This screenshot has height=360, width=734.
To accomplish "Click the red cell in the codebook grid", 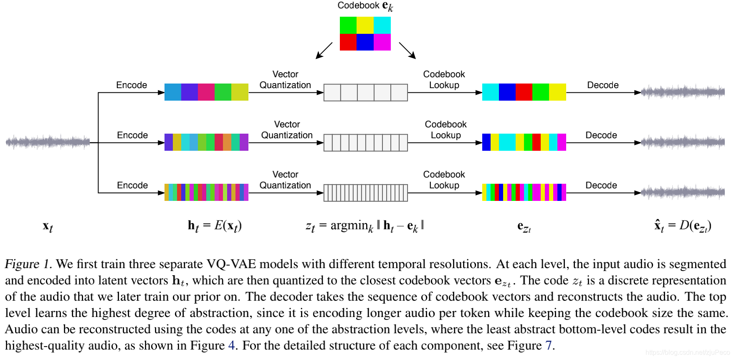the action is coord(348,42).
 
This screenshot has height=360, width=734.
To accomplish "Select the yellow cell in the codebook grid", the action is coord(365,25).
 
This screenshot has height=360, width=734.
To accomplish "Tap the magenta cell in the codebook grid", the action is coord(382,42).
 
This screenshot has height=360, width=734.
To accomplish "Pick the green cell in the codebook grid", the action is coord(348,25).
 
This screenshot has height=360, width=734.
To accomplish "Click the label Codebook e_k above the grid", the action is coord(365,6).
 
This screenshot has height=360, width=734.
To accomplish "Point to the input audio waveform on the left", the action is coord(48,142).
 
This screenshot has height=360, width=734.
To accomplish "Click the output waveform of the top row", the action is coord(683,92).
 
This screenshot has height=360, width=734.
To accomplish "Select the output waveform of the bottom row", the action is coord(683,192).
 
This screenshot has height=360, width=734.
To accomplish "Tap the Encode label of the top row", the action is coord(132,85).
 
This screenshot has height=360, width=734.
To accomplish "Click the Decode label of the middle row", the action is coord(601,135).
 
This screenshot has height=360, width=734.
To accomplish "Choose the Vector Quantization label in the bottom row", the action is coord(285,180).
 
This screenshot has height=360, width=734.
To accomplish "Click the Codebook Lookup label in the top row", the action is coord(444,80).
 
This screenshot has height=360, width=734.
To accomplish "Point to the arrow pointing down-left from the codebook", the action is coord(324,51).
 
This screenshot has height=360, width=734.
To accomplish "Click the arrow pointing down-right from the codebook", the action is coord(407,51).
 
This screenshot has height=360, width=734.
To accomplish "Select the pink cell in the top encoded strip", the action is coord(206,92).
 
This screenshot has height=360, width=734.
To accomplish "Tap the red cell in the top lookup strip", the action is coord(524,92).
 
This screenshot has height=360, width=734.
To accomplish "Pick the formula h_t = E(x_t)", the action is coord(215,226).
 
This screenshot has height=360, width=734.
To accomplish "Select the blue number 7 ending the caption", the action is coord(549,345).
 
